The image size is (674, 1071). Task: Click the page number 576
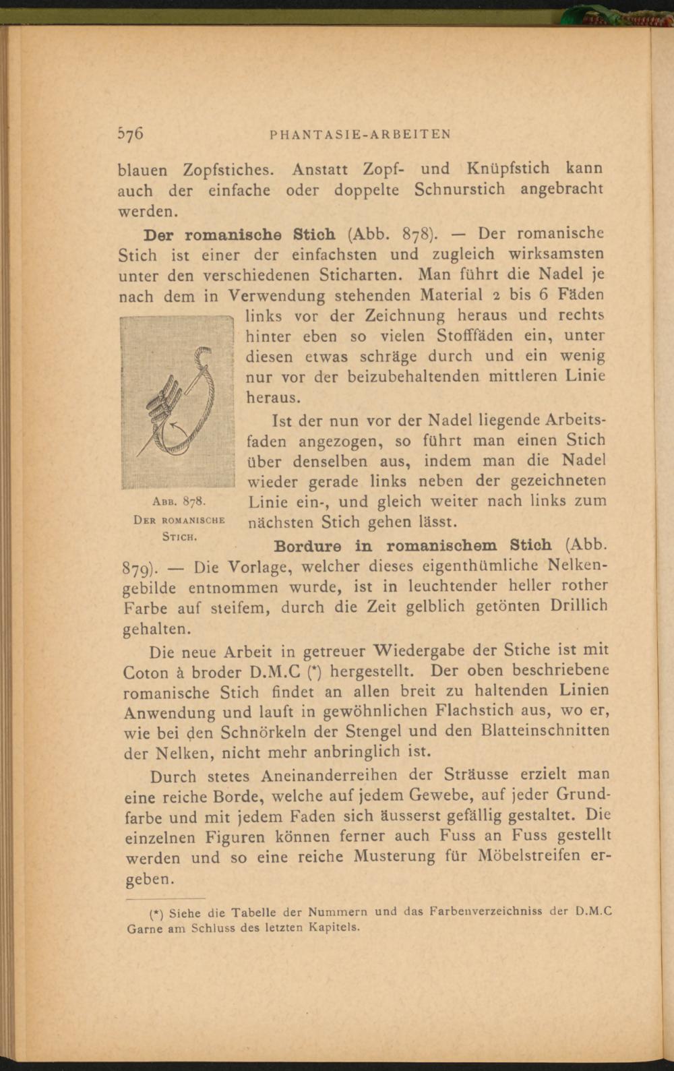click(131, 133)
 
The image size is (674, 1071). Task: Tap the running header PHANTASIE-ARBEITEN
click(359, 134)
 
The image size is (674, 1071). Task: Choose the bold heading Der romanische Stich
click(240, 235)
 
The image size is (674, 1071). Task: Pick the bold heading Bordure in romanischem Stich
click(410, 544)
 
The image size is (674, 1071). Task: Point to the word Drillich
click(578, 605)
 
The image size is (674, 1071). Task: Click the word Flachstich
click(465, 710)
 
